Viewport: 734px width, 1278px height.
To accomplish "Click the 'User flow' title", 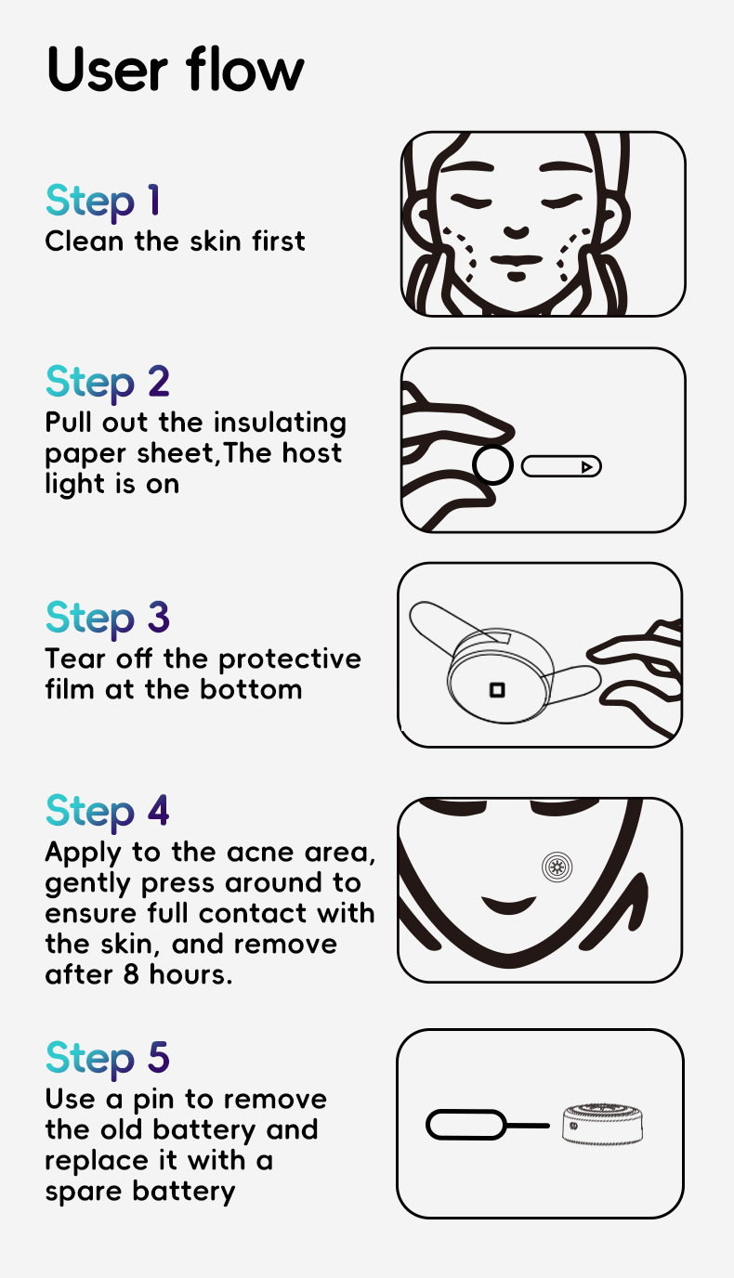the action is click(x=175, y=69).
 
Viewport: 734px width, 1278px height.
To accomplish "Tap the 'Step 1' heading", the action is click(x=103, y=201).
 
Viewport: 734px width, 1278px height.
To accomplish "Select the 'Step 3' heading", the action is click(x=108, y=619).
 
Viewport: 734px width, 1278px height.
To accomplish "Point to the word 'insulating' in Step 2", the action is click(x=280, y=424).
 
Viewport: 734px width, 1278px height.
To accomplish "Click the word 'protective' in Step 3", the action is click(x=290, y=659).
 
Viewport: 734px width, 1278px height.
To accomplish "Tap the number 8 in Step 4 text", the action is click(x=131, y=974).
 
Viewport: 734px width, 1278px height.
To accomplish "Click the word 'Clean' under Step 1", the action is click(x=85, y=241).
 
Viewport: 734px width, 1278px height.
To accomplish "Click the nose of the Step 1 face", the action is click(x=517, y=231).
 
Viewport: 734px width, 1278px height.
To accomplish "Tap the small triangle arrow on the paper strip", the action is click(x=587, y=467).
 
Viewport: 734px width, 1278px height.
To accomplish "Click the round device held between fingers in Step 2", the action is click(x=492, y=465).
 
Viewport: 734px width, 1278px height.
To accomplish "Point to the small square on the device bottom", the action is click(x=497, y=690).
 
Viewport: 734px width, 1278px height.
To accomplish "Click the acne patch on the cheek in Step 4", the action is click(x=557, y=867).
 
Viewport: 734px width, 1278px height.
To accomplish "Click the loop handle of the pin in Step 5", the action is click(x=465, y=1125).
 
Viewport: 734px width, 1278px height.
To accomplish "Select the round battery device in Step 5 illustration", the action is click(x=602, y=1124).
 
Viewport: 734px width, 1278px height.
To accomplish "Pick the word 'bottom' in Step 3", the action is click(x=251, y=689).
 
